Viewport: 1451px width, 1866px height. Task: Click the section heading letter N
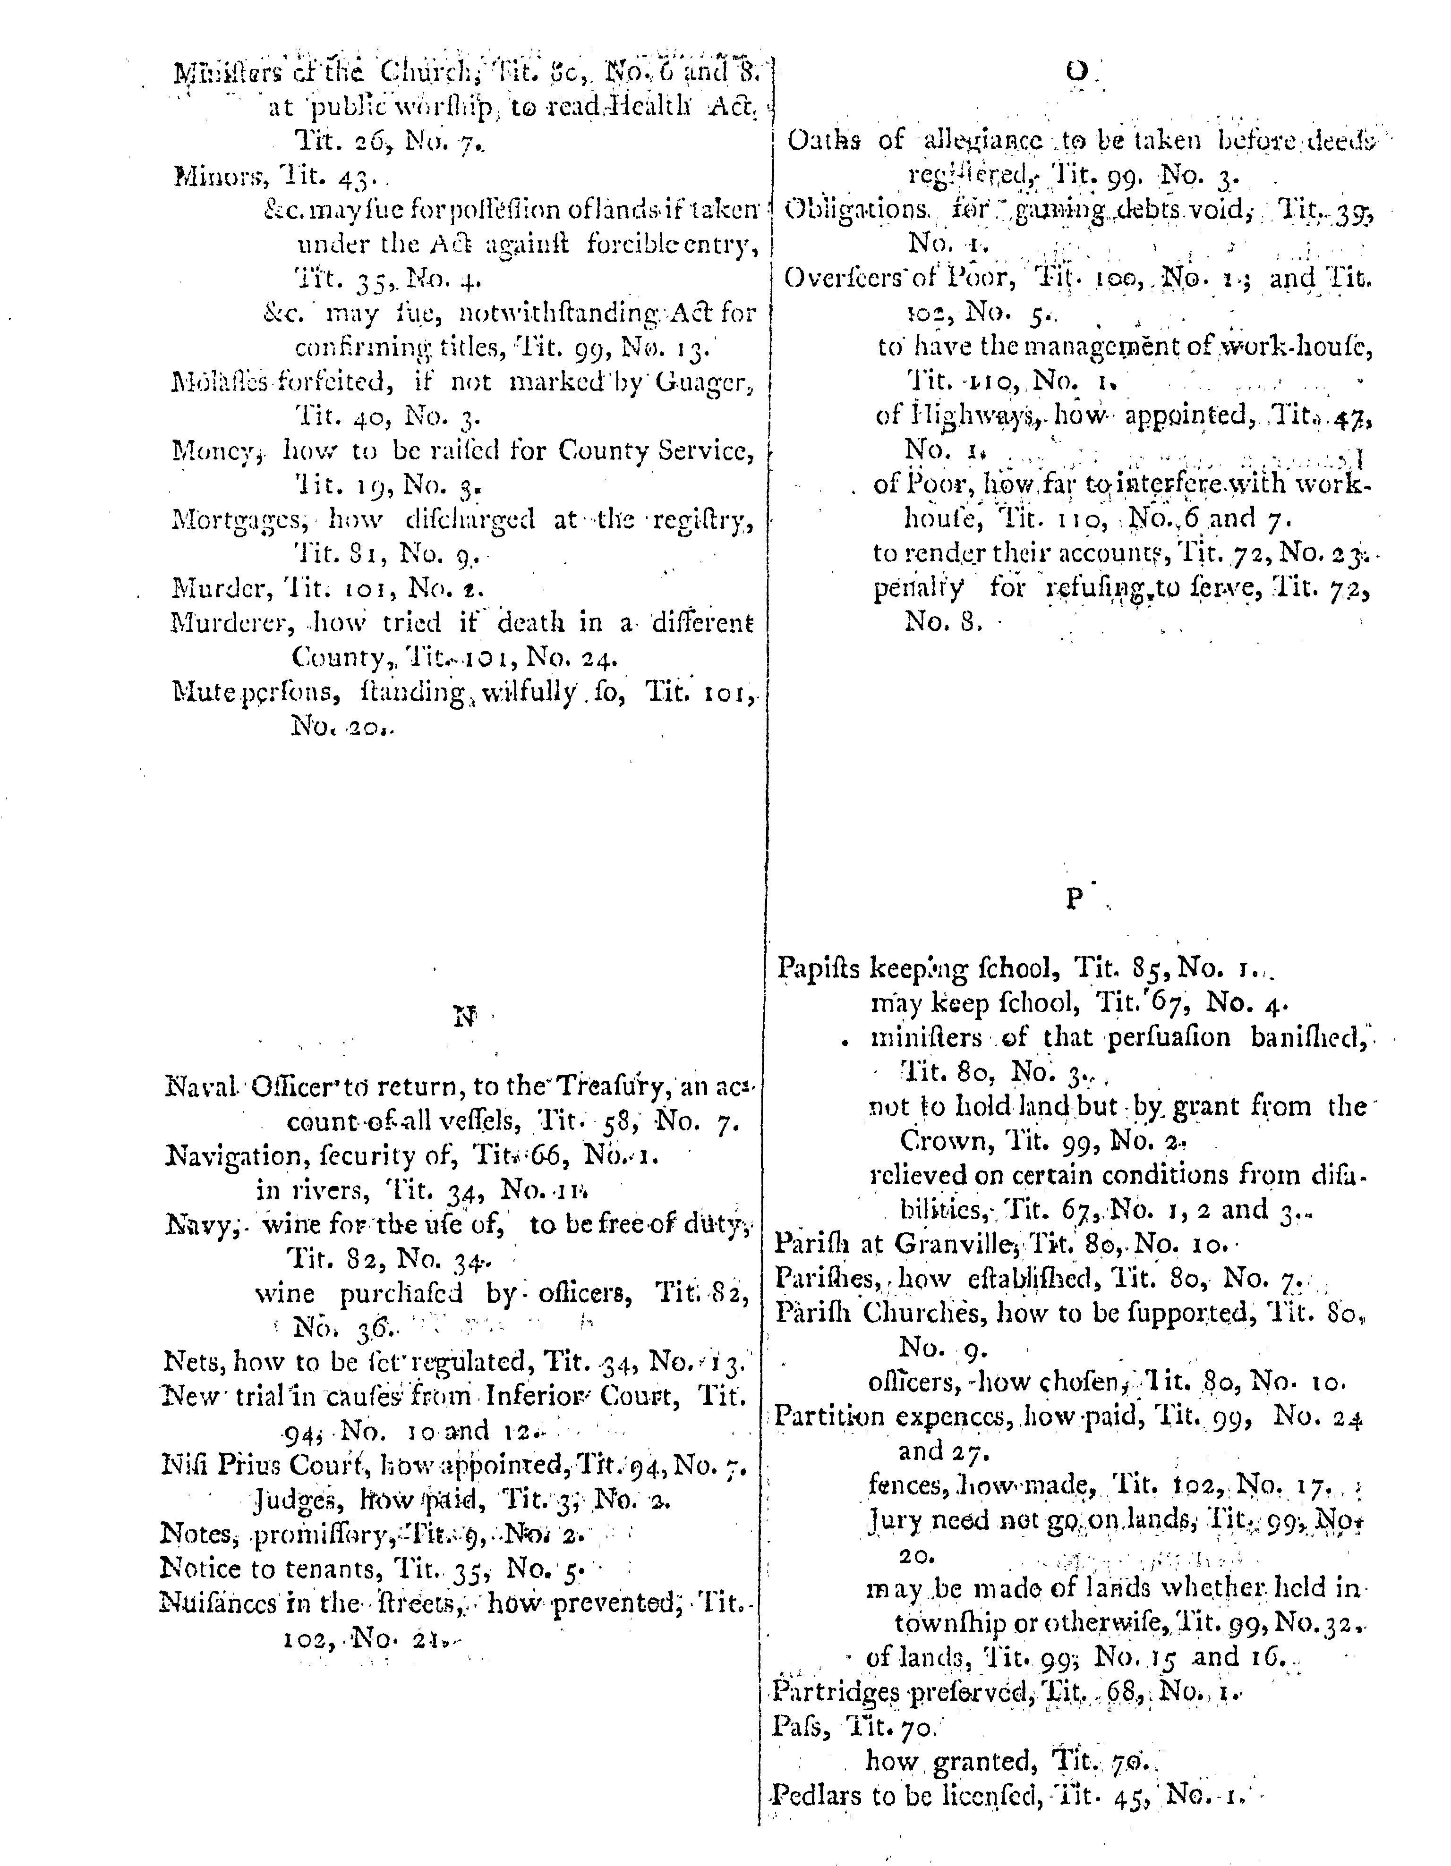[x=464, y=1017]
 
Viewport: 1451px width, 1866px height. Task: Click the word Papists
[x=819, y=969]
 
